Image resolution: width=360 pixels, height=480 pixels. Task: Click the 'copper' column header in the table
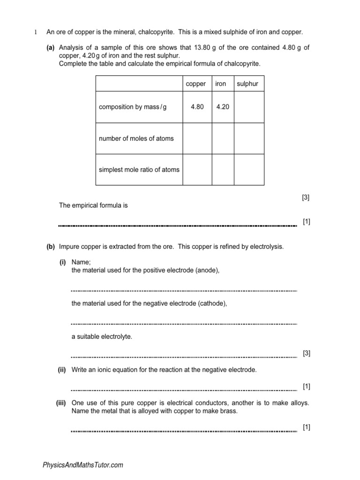click(x=196, y=84)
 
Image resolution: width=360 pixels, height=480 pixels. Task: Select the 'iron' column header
click(x=220, y=84)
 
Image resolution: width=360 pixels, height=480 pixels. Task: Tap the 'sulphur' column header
click(x=247, y=84)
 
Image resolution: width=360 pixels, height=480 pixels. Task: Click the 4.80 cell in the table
click(x=197, y=107)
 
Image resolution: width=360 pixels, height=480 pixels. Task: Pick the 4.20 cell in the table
click(x=223, y=107)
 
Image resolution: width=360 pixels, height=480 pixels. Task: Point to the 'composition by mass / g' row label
click(x=133, y=107)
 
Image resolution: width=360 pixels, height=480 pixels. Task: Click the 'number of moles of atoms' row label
click(x=136, y=138)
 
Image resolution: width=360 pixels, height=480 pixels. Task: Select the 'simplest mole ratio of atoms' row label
click(x=139, y=170)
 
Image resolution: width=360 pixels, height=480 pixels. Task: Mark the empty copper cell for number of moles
click(x=197, y=138)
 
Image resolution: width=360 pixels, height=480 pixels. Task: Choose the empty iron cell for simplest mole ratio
click(x=223, y=170)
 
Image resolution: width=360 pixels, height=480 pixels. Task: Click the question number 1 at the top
click(x=35, y=32)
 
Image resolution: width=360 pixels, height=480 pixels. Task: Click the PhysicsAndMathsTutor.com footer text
click(x=82, y=465)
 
